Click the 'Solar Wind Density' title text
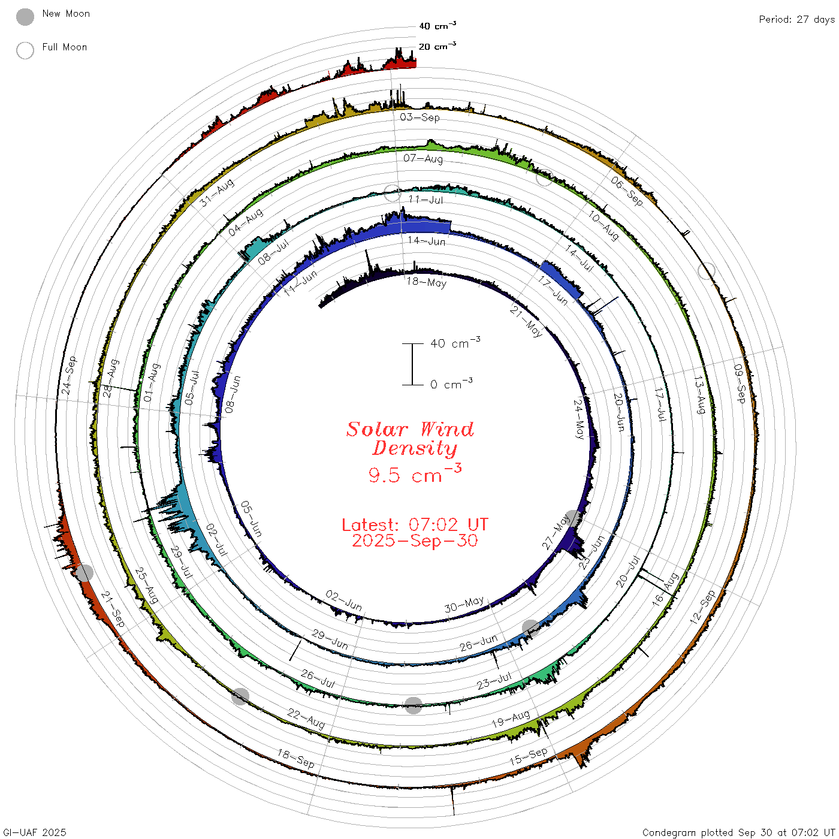pos(411,439)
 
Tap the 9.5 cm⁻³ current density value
pos(415,474)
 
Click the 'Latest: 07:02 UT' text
pos(415,524)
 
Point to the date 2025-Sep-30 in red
pos(415,541)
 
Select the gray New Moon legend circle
pos(25,17)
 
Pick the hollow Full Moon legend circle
pos(25,50)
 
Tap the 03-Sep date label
pos(419,117)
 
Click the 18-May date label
pos(427,282)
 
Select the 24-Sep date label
pos(69,375)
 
